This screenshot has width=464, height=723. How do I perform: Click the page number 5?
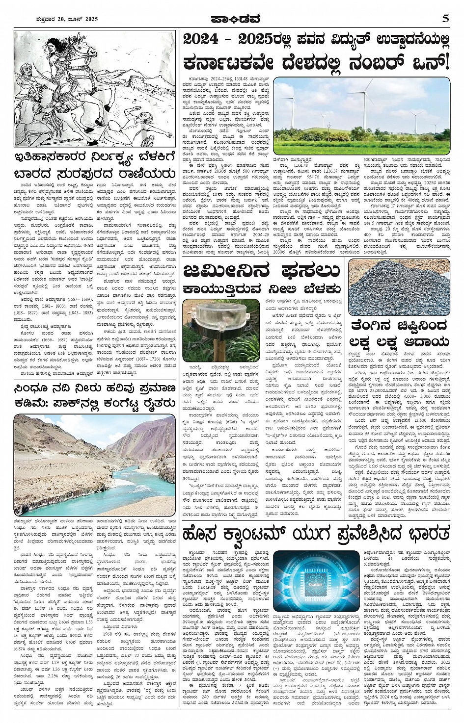tap(445, 19)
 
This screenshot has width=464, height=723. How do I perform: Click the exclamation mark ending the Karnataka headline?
tap(445, 63)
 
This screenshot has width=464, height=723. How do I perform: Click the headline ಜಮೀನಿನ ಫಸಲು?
tap(262, 271)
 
